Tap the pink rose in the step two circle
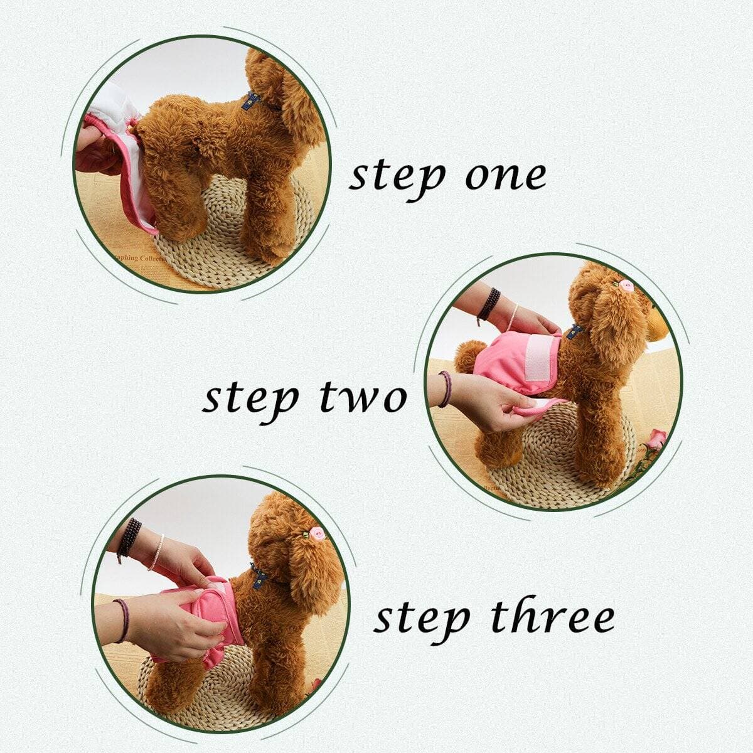tap(659, 437)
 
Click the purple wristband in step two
tap(445, 389)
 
